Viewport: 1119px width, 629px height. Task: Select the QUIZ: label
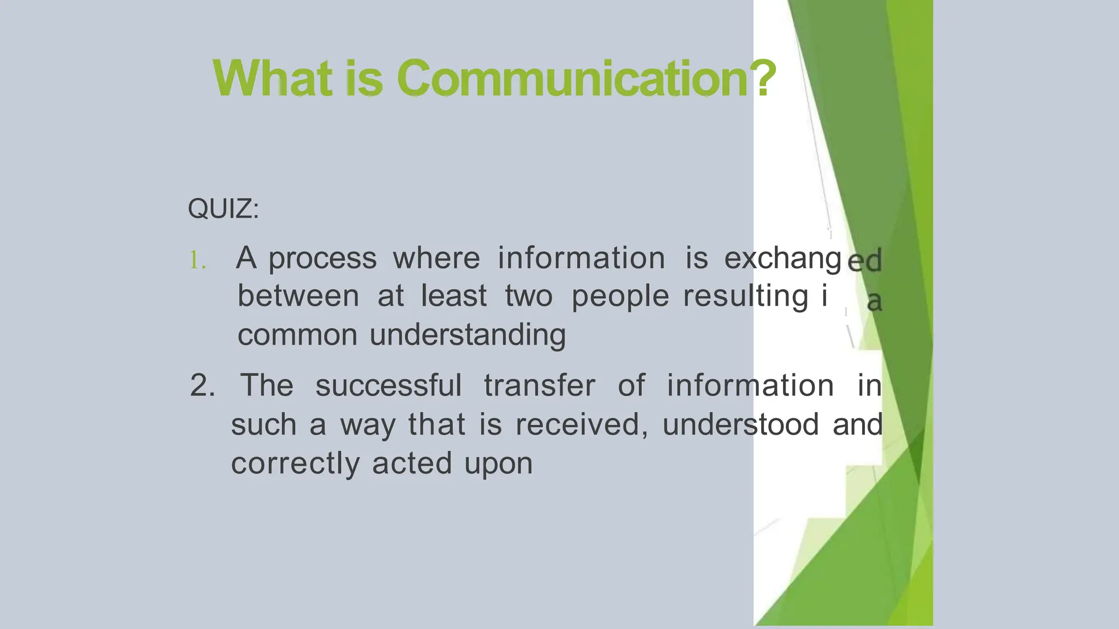pos(223,209)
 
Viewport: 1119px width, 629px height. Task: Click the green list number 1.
pos(197,260)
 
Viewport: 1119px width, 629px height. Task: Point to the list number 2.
pos(202,386)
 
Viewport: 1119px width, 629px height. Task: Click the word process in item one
pos(322,259)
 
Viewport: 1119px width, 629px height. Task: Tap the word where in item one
pos(436,258)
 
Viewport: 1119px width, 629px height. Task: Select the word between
pos(298,296)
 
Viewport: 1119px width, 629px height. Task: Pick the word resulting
pos(745,296)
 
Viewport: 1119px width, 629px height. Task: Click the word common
pos(297,335)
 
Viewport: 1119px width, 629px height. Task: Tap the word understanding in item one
pos(468,335)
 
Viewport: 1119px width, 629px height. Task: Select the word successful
pos(388,386)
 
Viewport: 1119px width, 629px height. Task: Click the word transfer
pos(539,386)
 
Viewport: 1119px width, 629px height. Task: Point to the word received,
pos(581,425)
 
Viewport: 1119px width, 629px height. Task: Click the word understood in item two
pos(740,425)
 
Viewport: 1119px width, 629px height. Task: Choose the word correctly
pos(295,464)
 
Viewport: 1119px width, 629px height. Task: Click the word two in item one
pos(528,296)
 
